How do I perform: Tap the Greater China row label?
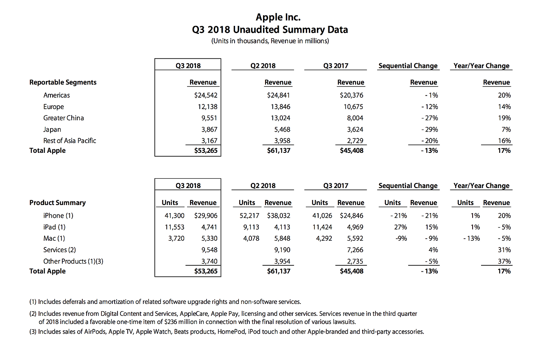click(64, 118)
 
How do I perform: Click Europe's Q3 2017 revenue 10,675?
click(353, 107)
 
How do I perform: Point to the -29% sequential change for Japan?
click(429, 129)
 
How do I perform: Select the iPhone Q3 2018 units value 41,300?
click(174, 216)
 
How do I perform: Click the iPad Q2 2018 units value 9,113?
click(252, 227)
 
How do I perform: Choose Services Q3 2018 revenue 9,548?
click(208, 250)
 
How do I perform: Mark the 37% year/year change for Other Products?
click(504, 262)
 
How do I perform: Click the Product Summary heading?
click(57, 202)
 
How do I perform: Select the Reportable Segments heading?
click(63, 82)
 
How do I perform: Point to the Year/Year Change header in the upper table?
click(481, 66)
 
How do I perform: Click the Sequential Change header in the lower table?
click(408, 186)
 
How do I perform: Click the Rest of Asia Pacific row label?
click(70, 141)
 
